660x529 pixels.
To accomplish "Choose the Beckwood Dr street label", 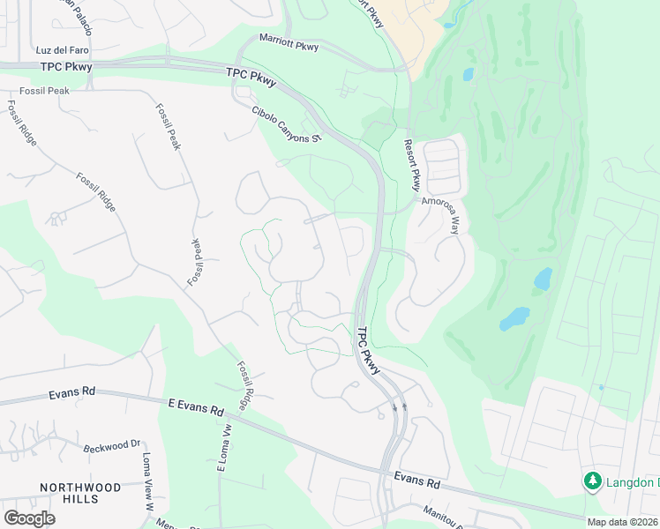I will click(x=112, y=448).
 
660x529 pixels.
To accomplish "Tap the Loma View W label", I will click(x=147, y=484).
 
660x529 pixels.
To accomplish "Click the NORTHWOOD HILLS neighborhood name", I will click(x=80, y=493).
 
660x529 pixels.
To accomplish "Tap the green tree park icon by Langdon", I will click(x=592, y=481).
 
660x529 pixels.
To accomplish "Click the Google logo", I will click(x=29, y=518).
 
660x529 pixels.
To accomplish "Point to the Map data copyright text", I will click(x=622, y=522).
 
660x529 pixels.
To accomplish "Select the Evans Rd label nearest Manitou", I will click(x=416, y=481).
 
